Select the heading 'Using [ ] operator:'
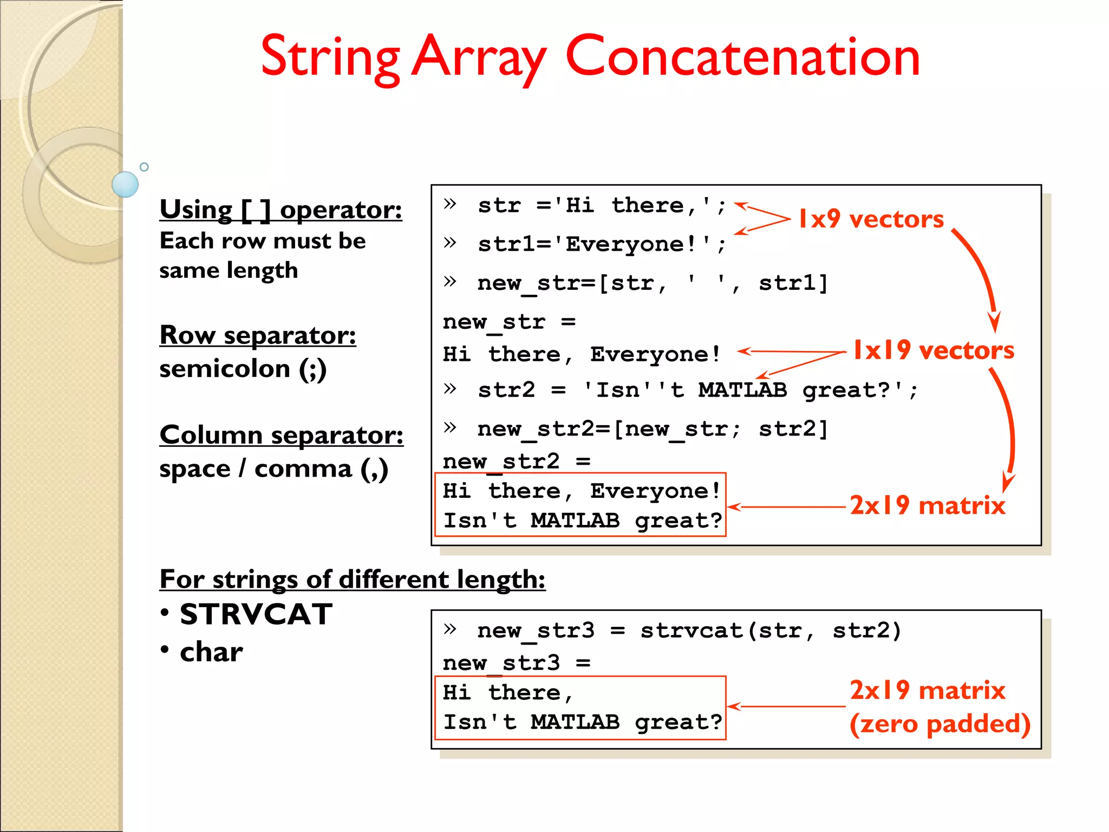click(280, 210)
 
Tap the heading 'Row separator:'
click(258, 335)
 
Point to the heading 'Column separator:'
click(281, 435)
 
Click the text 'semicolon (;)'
click(243, 369)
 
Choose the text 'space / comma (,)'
click(273, 469)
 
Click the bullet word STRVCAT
click(256, 615)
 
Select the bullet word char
click(211, 652)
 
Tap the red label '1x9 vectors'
click(871, 219)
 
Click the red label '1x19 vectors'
click(932, 350)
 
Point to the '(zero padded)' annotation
click(940, 724)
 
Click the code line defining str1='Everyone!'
click(601, 244)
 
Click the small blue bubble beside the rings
click(125, 184)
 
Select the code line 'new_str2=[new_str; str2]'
click(652, 429)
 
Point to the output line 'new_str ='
click(509, 322)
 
